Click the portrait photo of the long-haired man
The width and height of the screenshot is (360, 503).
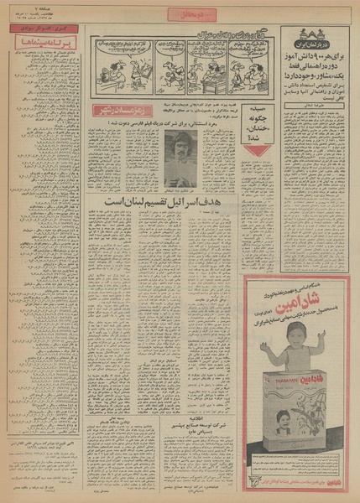(x=180, y=158)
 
